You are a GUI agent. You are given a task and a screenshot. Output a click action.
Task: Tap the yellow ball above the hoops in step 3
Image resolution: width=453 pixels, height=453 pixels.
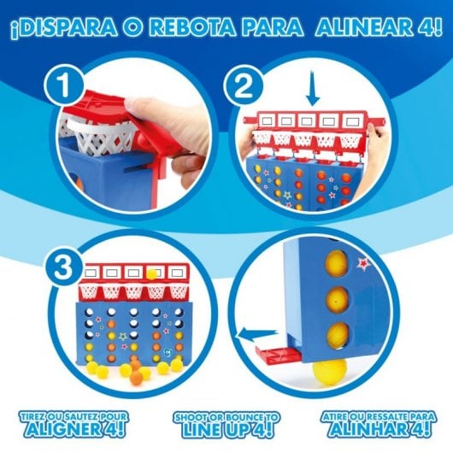point(152,274)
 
